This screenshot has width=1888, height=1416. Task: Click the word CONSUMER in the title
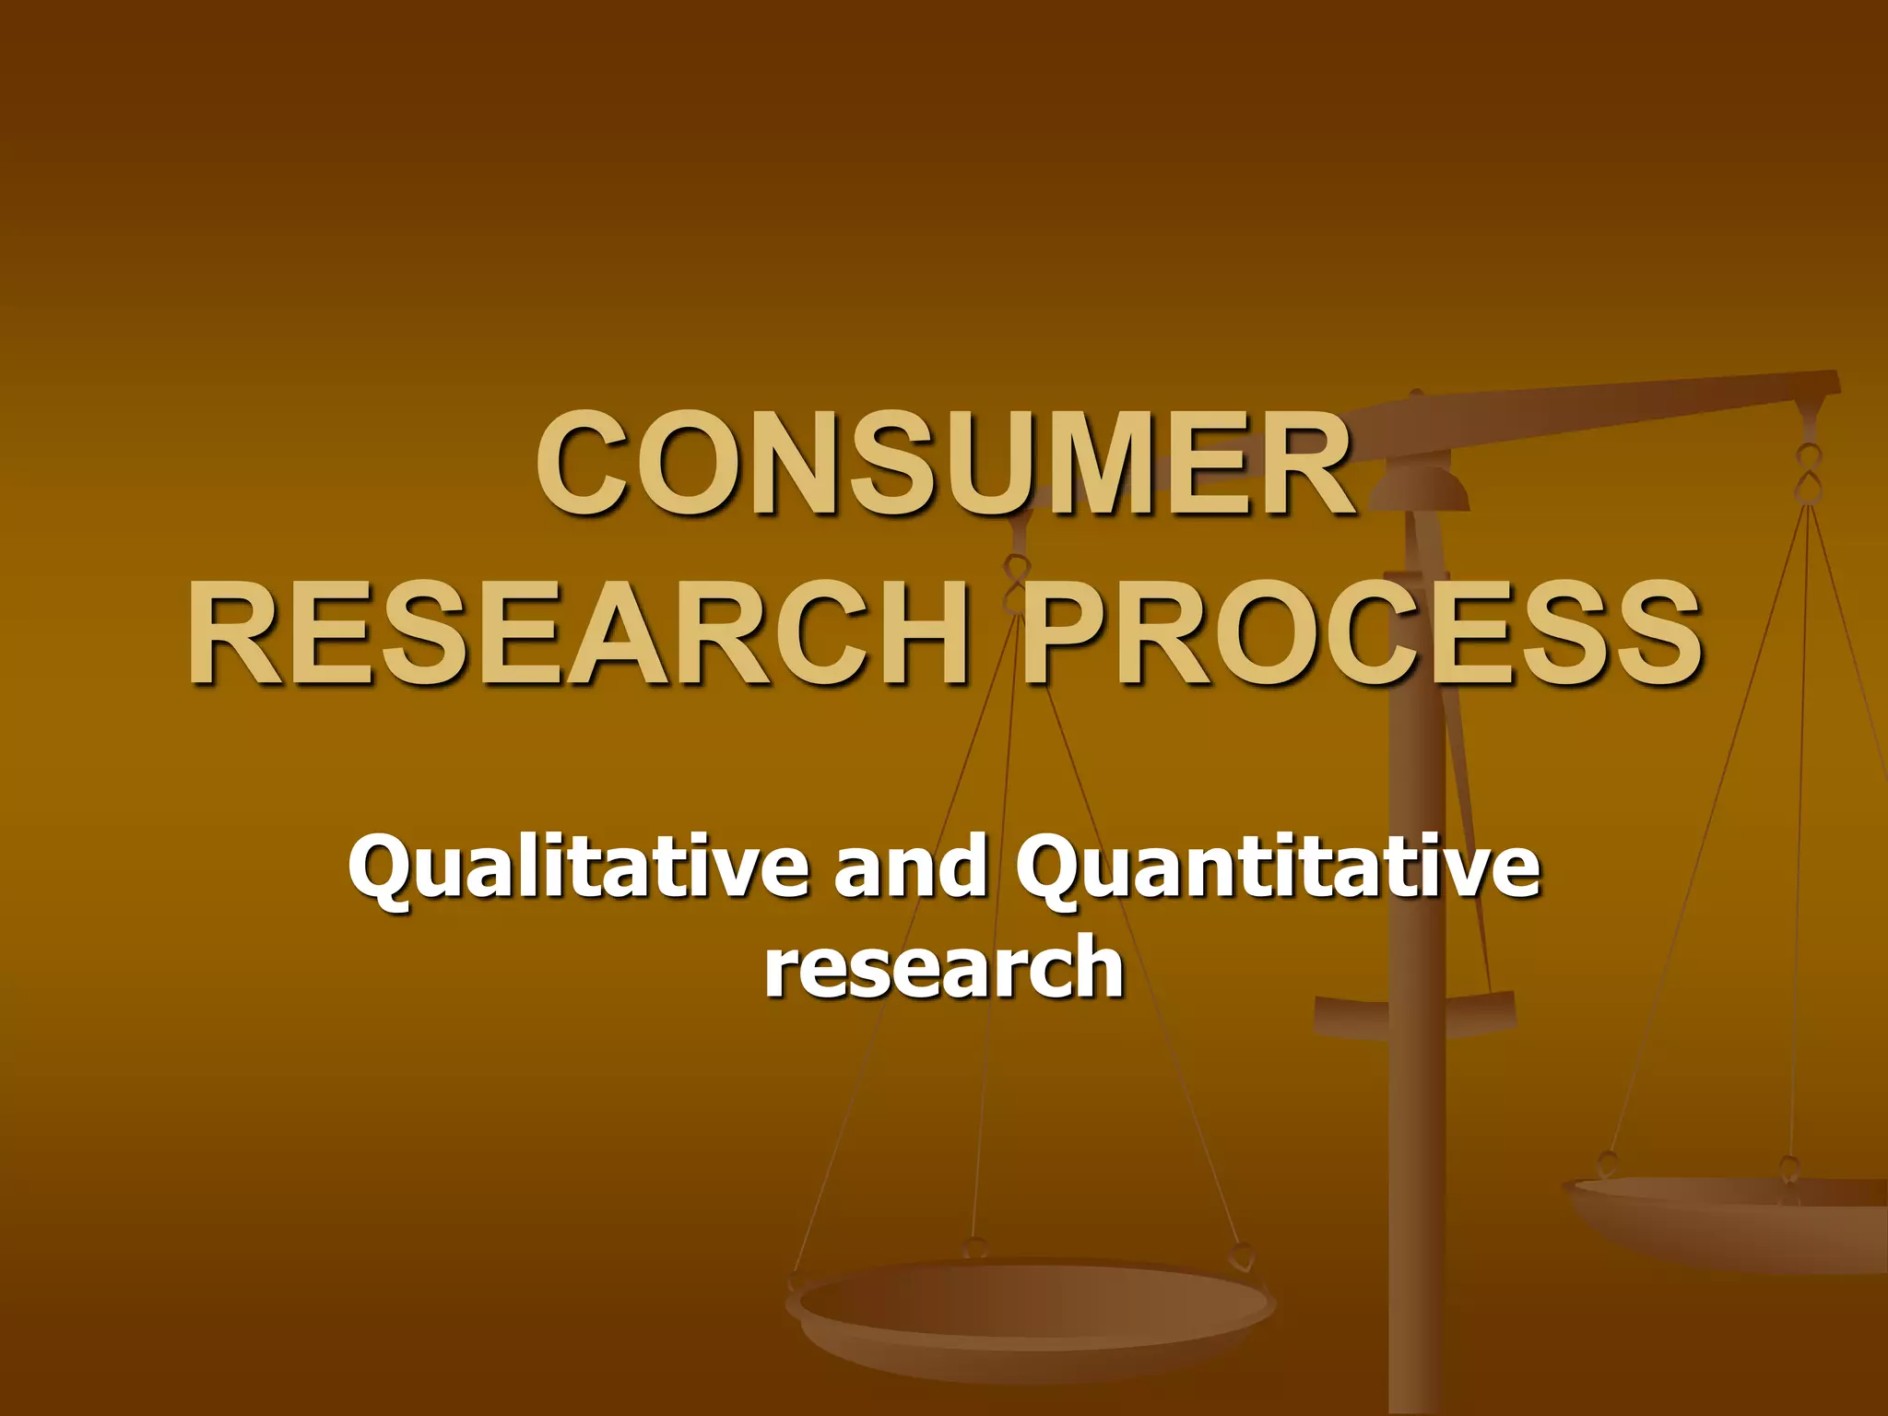946,464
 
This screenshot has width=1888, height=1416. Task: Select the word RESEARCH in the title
577,633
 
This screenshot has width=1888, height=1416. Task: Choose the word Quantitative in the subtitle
1278,868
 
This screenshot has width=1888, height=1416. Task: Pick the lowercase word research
944,966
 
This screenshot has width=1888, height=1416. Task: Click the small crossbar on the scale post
1415,1009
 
